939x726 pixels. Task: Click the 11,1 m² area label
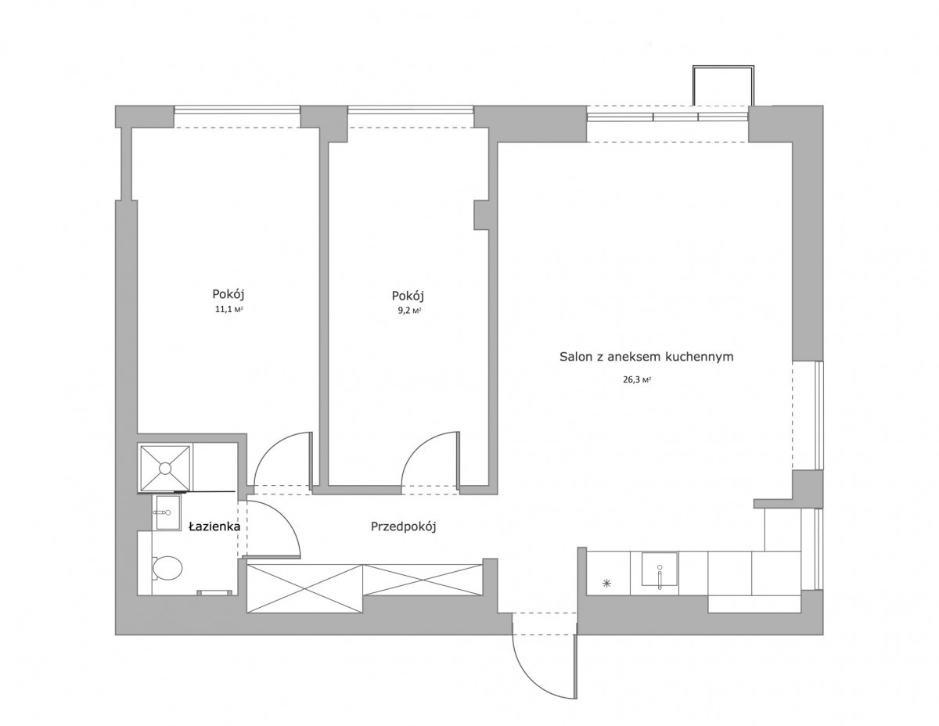pos(228,309)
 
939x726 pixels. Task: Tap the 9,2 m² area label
pos(409,311)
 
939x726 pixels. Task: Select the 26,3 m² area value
pos(636,380)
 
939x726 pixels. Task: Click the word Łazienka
pos(214,527)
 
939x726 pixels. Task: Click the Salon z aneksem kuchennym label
pos(646,357)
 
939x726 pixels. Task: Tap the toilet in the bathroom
pos(167,567)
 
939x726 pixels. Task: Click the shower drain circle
pos(165,468)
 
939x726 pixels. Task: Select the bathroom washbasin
pos(167,512)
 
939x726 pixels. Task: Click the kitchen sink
pos(659,569)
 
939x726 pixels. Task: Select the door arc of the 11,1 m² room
pos(273,449)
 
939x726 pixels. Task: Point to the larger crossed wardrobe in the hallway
pos(304,588)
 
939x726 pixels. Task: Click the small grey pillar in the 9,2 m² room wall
pos(481,214)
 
